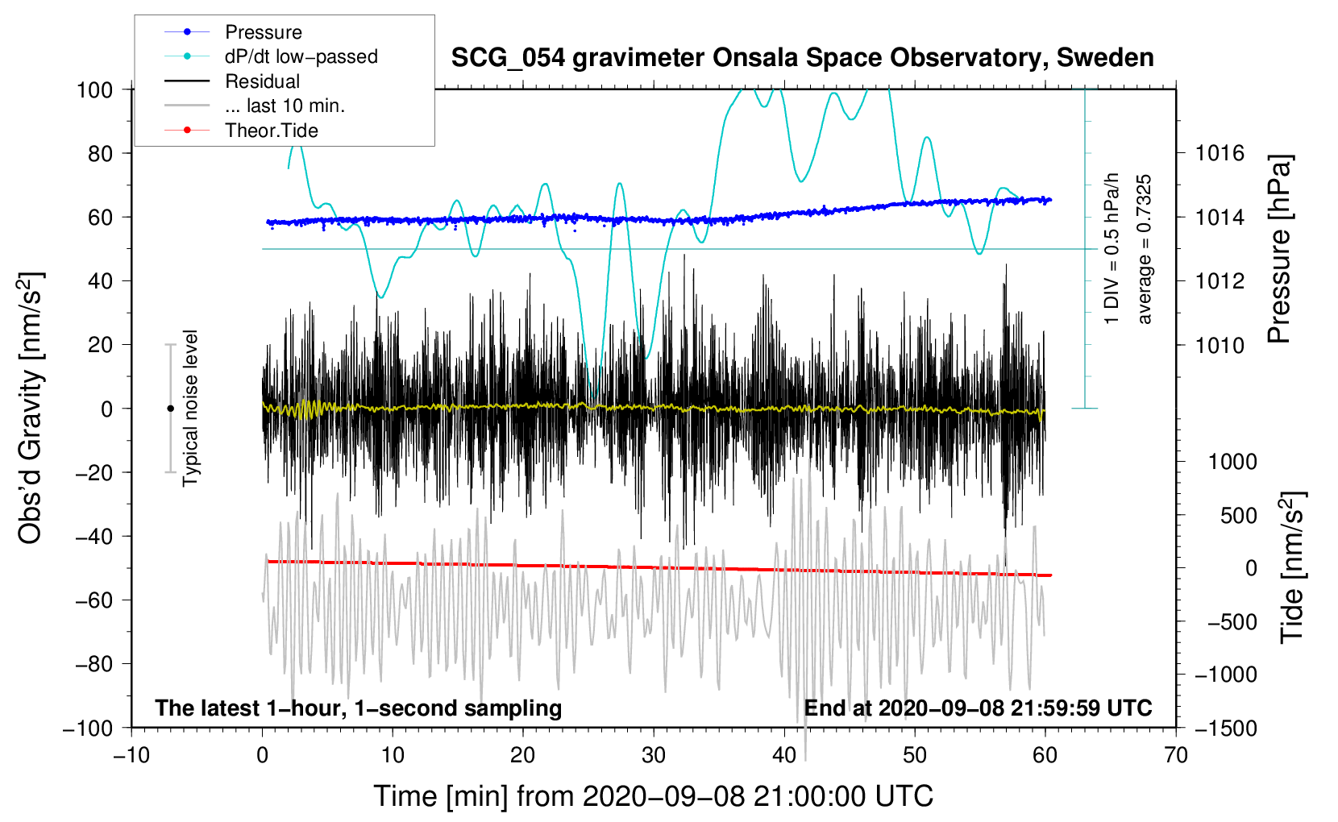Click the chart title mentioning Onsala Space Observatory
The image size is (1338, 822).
pos(802,58)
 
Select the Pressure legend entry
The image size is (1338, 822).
pos(263,32)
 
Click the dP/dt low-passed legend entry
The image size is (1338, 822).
pos(301,56)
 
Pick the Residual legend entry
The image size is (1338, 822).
pos(262,81)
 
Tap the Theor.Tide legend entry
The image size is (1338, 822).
pos(271,131)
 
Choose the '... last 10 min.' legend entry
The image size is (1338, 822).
pos(285,106)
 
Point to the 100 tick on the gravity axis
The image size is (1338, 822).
pos(94,89)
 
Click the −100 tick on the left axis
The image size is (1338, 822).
pos(88,728)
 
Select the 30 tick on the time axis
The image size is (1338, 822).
pos(654,755)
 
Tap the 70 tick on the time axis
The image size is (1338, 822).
pos(1176,755)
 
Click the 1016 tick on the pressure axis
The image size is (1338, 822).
pos(1220,153)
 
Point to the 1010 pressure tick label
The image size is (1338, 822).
pos(1220,345)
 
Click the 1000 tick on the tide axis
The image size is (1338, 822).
pos(1232,461)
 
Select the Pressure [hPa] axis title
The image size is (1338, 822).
pos(1280,249)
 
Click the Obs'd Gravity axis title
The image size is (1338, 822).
pos(31,409)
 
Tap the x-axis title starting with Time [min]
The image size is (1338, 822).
pos(654,796)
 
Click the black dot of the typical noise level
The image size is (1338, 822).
pos(170,409)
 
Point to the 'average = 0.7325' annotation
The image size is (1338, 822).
pos(1145,249)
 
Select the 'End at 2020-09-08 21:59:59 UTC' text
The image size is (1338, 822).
pos(978,708)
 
